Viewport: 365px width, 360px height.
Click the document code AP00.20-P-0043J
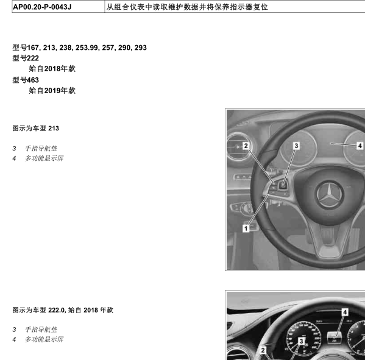tap(42, 7)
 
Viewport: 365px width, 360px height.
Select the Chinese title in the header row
tap(187, 7)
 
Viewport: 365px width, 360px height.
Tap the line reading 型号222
tap(26, 58)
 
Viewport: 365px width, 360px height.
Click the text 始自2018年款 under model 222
tap(52, 69)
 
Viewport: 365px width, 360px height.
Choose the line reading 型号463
tap(26, 80)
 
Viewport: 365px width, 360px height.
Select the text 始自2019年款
tap(52, 91)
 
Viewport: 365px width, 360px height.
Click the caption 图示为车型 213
tap(35, 128)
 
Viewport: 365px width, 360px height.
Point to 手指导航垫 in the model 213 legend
tap(41, 149)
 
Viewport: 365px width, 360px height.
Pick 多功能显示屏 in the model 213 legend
tap(44, 158)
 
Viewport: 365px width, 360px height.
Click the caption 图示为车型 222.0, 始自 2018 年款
tap(63, 310)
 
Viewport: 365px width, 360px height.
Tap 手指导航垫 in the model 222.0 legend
tap(41, 330)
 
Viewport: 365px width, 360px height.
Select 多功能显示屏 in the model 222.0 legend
tap(44, 339)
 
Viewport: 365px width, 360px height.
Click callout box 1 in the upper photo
tap(246, 228)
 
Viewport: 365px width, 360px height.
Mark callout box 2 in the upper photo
tap(246, 146)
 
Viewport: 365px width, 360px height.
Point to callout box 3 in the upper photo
tap(296, 146)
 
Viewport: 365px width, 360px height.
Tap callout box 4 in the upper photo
tap(360, 146)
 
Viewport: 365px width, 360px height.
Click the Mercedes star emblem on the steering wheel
tap(329, 194)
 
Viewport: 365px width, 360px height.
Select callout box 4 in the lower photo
tap(345, 312)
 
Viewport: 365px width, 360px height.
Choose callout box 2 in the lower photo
tap(263, 350)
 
